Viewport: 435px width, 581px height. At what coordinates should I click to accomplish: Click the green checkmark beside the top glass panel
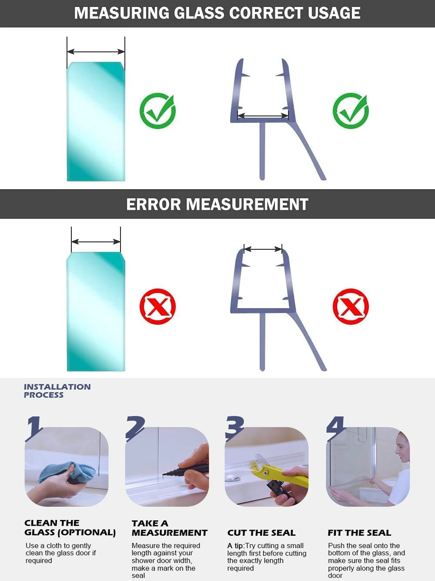point(157,111)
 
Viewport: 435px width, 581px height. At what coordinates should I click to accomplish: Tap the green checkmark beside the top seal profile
point(351,111)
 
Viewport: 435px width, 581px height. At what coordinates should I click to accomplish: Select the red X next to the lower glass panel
point(157,306)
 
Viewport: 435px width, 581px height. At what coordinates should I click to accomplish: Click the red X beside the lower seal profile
point(351,306)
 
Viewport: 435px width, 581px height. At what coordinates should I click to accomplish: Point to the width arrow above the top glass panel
point(96,52)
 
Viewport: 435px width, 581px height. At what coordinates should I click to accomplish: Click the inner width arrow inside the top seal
point(263,116)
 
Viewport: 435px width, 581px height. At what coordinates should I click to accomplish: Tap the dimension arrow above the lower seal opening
point(263,249)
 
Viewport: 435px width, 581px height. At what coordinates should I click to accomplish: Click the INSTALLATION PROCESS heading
point(57,391)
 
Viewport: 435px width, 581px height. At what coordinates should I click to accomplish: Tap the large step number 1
point(34,428)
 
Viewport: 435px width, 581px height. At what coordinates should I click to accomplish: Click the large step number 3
point(235,428)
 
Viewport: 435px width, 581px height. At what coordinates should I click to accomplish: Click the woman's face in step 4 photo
point(403,449)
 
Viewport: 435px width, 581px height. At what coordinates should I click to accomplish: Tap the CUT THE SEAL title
point(261,533)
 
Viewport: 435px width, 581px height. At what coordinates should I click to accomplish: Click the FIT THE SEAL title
point(359,533)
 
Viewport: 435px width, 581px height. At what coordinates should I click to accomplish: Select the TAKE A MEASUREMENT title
point(169,528)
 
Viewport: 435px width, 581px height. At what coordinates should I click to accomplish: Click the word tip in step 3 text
point(238,546)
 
